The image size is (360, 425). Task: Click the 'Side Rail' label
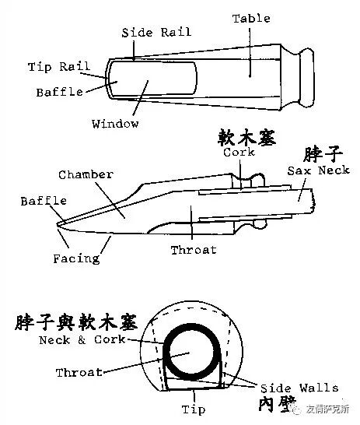point(156,33)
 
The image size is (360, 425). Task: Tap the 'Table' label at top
point(251,19)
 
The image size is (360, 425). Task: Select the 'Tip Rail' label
point(59,67)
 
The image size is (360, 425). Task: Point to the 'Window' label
point(115,124)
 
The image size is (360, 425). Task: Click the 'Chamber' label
point(86,174)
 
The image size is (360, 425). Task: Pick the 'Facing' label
point(76,259)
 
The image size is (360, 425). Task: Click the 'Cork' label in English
point(239,152)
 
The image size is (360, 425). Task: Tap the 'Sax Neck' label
point(319,170)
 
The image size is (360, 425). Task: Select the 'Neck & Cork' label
point(82,339)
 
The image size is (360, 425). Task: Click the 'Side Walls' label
point(299,388)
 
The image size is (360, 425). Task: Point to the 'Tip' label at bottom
point(194,409)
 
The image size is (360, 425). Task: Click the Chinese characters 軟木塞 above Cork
point(246,138)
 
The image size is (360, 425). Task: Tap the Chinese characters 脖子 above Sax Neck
point(323,154)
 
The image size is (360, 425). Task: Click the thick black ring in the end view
point(165,353)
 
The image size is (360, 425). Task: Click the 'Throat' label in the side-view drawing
point(194,250)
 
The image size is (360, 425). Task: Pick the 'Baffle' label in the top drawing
point(60,92)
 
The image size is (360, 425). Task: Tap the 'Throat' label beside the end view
point(79,372)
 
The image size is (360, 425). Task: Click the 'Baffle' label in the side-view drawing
point(44,201)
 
